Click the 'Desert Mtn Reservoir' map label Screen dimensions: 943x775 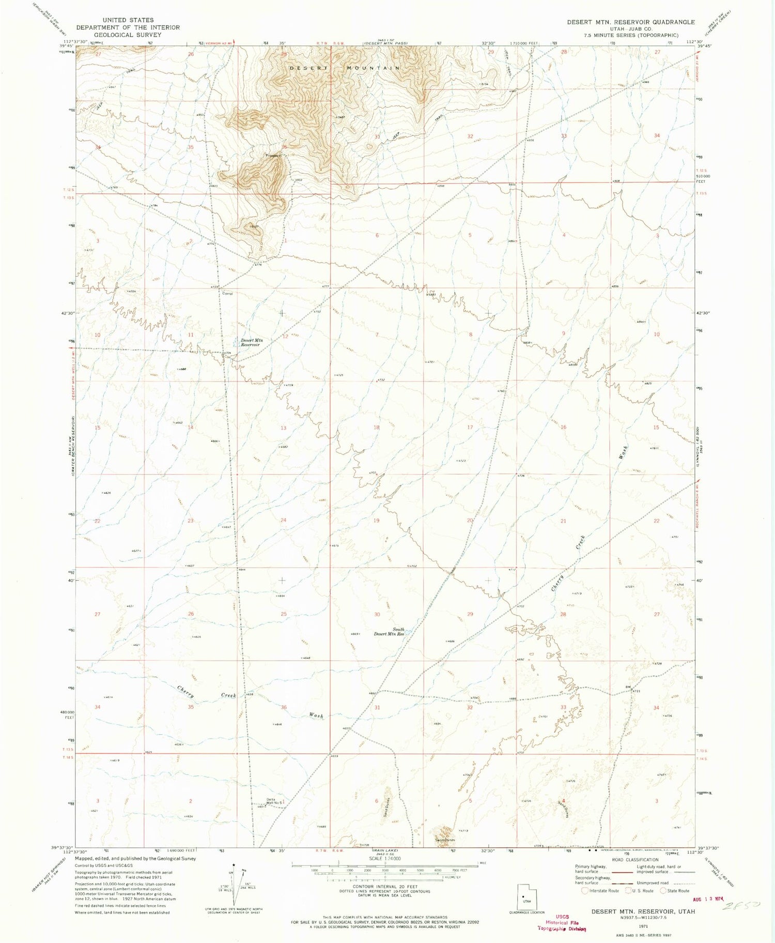tap(252, 342)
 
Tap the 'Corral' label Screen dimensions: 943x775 tap(227, 294)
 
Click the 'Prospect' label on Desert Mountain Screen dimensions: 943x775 tap(273, 155)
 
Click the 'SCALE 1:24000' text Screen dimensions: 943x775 tap(385, 858)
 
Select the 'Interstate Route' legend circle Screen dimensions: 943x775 tap(585, 890)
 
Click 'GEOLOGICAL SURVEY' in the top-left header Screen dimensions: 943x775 tap(128, 35)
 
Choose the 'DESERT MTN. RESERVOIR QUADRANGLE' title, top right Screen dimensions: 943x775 tap(630, 22)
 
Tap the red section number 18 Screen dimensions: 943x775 tap(377, 428)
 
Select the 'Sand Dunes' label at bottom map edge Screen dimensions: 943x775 tap(444, 840)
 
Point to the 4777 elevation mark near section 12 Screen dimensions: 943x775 tap(325, 286)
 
